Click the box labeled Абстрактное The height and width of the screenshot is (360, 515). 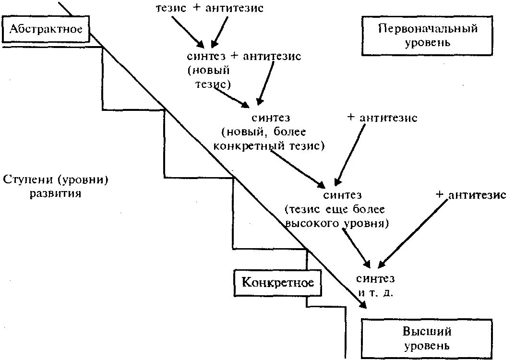coord(46,29)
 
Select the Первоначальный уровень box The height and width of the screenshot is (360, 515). coord(428,35)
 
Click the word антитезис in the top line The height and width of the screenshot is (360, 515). coord(234,8)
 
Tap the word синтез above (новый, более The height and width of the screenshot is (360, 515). coord(271,117)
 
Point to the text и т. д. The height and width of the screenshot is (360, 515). coord(375,292)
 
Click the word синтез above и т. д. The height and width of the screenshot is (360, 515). coord(376,279)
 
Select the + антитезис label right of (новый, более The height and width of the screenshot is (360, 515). coord(382,118)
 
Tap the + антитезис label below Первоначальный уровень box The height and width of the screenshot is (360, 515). coord(471,195)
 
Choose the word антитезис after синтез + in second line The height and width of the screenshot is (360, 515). coord(272,56)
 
